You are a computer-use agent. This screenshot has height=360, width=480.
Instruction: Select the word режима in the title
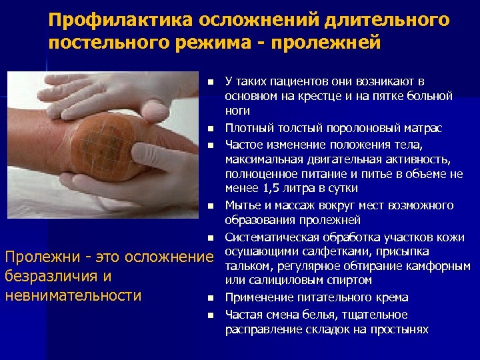click(x=213, y=43)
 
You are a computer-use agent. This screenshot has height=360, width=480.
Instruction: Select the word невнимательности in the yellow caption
click(x=73, y=295)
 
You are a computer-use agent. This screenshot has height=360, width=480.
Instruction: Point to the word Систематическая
click(x=269, y=237)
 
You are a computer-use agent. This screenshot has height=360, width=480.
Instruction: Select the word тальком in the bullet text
click(x=245, y=266)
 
